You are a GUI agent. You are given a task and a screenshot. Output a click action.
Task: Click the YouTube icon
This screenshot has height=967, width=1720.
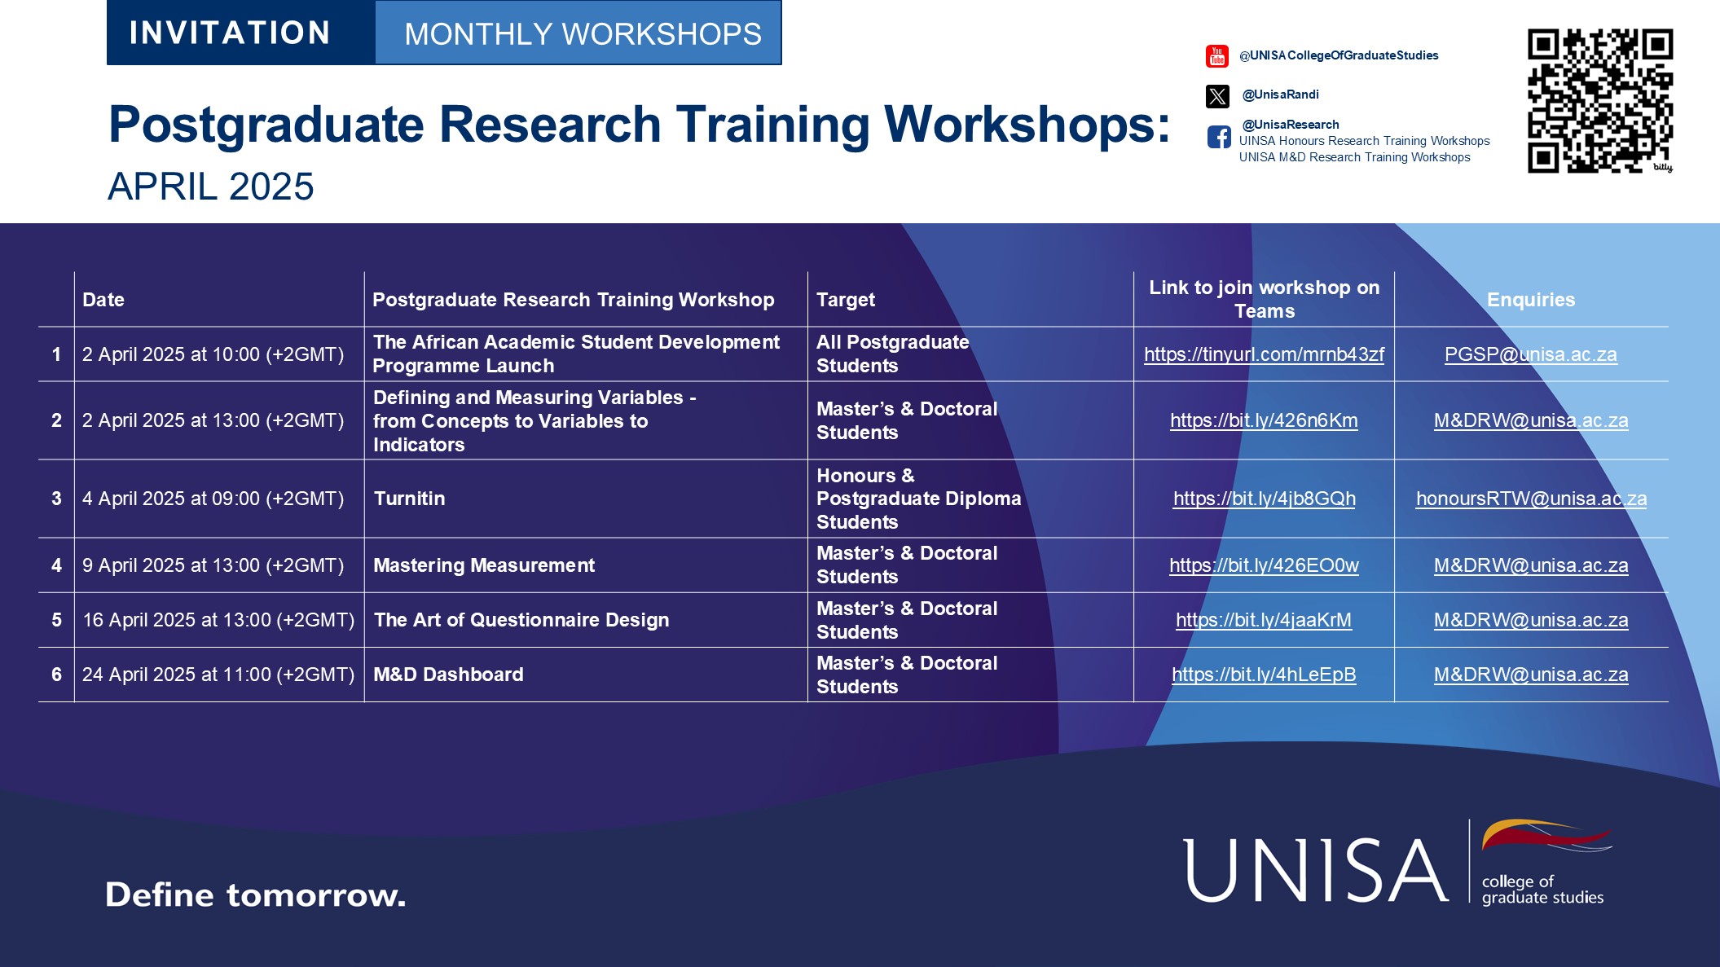click(1216, 56)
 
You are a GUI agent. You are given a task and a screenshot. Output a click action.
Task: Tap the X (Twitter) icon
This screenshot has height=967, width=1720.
click(1217, 96)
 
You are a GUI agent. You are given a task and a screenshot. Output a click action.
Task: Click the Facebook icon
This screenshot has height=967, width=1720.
click(1219, 137)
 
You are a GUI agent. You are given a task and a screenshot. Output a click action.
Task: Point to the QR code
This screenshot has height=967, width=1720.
click(1599, 101)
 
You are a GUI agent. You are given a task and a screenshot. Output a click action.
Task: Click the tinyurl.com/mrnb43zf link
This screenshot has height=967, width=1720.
click(1263, 354)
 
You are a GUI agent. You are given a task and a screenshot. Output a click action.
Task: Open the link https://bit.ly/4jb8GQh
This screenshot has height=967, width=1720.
click(1264, 499)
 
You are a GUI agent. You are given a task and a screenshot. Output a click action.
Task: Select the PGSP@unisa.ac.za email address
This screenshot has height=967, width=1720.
click(1530, 354)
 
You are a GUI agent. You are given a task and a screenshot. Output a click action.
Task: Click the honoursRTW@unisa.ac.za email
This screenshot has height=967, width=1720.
click(1530, 499)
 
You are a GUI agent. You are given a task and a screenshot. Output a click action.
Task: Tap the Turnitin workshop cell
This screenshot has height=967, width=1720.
click(410, 499)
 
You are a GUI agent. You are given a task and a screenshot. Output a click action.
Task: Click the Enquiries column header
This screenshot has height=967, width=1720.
click(1530, 300)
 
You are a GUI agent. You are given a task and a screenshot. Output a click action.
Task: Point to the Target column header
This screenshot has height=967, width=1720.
click(846, 300)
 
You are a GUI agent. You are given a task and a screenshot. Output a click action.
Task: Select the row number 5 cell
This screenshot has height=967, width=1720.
click(56, 620)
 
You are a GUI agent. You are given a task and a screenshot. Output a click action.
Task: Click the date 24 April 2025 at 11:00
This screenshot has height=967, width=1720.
click(218, 675)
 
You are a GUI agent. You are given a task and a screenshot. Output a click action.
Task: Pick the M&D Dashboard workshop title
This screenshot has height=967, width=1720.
click(448, 675)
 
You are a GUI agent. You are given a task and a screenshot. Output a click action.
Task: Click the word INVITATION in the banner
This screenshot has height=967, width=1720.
click(230, 33)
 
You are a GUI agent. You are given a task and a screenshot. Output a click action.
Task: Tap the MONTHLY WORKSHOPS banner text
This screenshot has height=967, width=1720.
click(583, 34)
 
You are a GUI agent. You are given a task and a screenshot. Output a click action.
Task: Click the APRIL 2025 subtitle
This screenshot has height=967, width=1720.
click(211, 187)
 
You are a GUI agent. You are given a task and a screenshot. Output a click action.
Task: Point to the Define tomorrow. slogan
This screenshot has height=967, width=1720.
click(255, 894)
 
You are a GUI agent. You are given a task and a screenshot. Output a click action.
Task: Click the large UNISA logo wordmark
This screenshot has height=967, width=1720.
click(1316, 870)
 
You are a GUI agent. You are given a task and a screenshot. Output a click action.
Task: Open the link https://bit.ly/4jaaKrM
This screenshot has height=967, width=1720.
click(1263, 620)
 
